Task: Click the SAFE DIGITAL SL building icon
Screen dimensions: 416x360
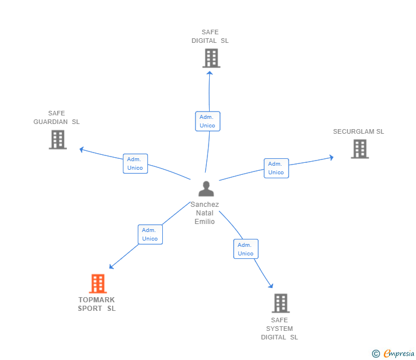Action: coord(211,58)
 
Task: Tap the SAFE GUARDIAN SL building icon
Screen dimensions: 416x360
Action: coord(58,139)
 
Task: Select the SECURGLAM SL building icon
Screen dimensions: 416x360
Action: coord(359,149)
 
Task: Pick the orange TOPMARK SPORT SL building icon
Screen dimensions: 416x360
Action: coord(98,283)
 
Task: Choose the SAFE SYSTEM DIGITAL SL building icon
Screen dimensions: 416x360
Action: coord(280,303)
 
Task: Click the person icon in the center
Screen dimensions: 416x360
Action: coord(206,188)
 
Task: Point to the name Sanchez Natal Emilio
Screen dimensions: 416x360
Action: coord(205,213)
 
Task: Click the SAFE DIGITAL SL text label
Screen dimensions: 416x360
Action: coord(210,37)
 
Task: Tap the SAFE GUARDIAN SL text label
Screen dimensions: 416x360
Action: coord(57,117)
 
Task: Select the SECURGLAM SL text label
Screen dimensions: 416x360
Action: coord(358,131)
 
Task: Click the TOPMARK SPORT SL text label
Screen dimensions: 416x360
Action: coord(97,304)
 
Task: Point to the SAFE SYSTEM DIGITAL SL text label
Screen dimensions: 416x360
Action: coord(279,329)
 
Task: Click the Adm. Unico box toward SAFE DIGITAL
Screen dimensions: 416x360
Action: coord(207,121)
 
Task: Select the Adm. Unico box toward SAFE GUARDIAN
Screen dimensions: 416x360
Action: coord(135,163)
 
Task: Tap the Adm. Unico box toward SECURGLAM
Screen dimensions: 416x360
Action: coord(276,168)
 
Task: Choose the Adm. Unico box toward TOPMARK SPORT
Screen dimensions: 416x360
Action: coord(150,234)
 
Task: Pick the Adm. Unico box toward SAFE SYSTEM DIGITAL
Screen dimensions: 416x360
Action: coord(246,249)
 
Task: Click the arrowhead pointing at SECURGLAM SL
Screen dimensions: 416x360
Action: coord(331,157)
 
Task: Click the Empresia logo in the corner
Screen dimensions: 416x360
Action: coord(393,354)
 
